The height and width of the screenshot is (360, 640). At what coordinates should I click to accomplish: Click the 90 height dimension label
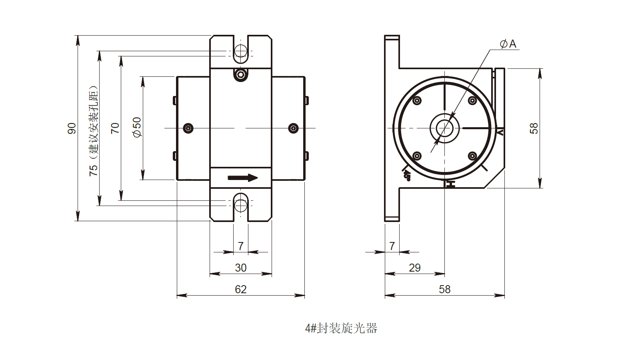click(x=72, y=128)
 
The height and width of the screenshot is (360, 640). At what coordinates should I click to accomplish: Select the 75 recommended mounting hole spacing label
click(x=93, y=131)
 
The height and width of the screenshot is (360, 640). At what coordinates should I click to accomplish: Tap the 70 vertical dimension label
click(x=115, y=128)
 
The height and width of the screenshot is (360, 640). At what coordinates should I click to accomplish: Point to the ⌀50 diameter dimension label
click(x=137, y=128)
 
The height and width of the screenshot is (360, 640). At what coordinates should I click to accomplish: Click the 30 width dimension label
click(x=240, y=268)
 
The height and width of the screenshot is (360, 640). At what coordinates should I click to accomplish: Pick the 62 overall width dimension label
click(x=240, y=289)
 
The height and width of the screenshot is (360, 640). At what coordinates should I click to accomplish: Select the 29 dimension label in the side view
click(x=414, y=268)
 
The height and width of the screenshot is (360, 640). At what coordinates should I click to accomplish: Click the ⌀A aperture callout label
click(x=508, y=44)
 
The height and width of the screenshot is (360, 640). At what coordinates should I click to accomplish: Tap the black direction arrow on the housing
click(x=243, y=178)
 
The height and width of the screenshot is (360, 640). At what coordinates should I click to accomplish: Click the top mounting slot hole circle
click(x=241, y=51)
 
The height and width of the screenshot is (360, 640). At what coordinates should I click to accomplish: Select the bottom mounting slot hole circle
click(x=241, y=205)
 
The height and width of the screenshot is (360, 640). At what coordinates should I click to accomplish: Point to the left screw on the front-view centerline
click(x=188, y=128)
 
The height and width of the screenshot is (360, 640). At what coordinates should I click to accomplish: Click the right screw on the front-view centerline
click(x=293, y=128)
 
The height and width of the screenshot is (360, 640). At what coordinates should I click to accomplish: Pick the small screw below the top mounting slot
click(x=241, y=74)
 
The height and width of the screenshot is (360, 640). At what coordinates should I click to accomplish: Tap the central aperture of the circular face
click(x=444, y=128)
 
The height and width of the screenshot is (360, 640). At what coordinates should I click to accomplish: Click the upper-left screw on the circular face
click(x=417, y=100)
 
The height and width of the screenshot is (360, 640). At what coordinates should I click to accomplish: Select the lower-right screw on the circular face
click(x=472, y=156)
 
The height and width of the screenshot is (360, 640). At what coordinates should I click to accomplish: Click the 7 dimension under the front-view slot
click(x=240, y=246)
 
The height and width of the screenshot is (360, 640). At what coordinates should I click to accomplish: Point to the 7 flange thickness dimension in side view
click(x=392, y=246)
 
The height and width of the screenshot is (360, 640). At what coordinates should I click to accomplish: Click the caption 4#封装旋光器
click(x=341, y=328)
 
